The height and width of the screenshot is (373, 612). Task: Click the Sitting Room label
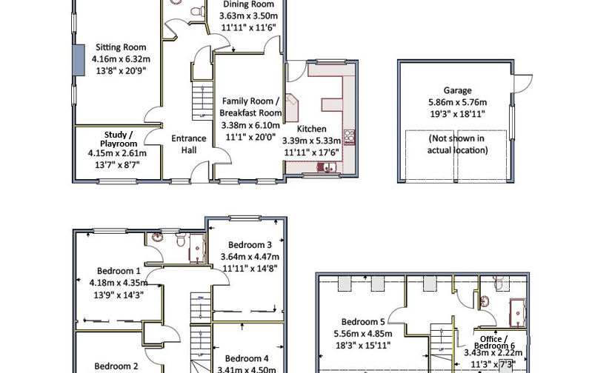[x=121, y=47]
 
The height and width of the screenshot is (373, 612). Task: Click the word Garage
[x=457, y=90]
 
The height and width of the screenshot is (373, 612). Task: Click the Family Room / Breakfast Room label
[x=251, y=107]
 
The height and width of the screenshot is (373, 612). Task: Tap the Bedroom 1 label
[x=119, y=271]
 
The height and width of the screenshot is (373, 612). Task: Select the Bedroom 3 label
[x=250, y=245]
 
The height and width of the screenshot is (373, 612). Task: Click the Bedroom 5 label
[x=362, y=322]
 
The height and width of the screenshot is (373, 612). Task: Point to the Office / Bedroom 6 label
[x=494, y=343]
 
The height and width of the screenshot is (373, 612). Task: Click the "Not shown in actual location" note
[x=457, y=144]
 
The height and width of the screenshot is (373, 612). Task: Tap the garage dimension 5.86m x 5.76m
[x=457, y=102]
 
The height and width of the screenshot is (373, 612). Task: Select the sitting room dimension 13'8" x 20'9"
[x=121, y=71]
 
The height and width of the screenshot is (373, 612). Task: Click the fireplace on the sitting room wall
[x=78, y=59]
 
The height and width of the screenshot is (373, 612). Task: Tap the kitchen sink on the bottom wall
[x=326, y=167]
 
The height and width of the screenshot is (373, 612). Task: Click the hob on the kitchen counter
[x=349, y=137]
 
